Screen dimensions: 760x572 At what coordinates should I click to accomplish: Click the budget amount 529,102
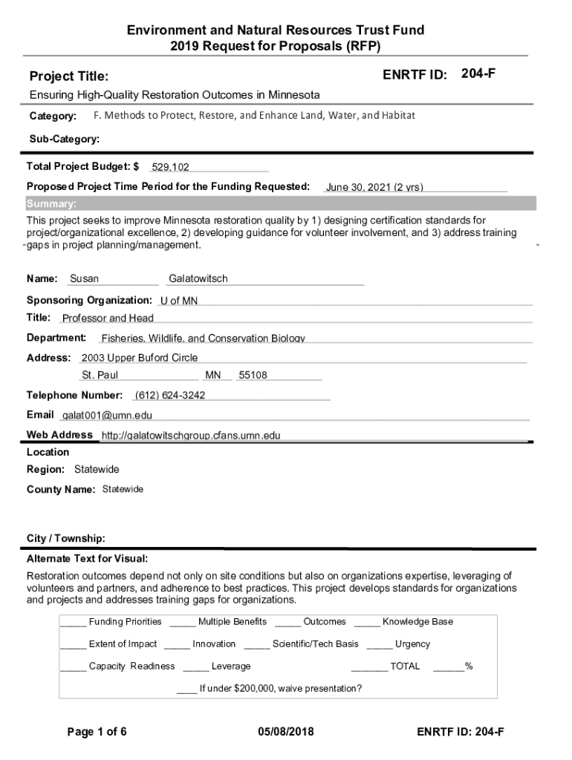click(170, 168)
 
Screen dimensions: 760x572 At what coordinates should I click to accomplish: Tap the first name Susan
click(84, 279)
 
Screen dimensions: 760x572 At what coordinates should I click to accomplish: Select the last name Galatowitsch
click(198, 279)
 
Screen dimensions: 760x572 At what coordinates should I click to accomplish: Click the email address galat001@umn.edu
click(107, 415)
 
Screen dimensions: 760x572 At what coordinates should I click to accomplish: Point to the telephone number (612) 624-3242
click(170, 395)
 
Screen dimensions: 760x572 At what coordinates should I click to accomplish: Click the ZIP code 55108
click(253, 376)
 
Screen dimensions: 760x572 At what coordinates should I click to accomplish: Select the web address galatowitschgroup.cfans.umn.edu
click(191, 436)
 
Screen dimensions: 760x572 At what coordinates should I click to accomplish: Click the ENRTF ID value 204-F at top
click(478, 74)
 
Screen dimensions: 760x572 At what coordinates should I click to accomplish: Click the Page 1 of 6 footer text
click(97, 733)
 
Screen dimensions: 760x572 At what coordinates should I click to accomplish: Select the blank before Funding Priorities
click(73, 622)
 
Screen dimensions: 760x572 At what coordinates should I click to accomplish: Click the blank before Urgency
click(379, 644)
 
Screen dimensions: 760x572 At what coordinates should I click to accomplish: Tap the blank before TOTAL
click(369, 666)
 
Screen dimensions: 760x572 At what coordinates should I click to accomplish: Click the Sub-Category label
click(65, 139)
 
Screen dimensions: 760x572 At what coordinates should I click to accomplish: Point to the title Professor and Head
click(108, 318)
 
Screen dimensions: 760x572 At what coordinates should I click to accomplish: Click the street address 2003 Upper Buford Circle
click(140, 358)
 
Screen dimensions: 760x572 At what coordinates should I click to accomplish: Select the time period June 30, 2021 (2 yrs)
click(374, 187)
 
